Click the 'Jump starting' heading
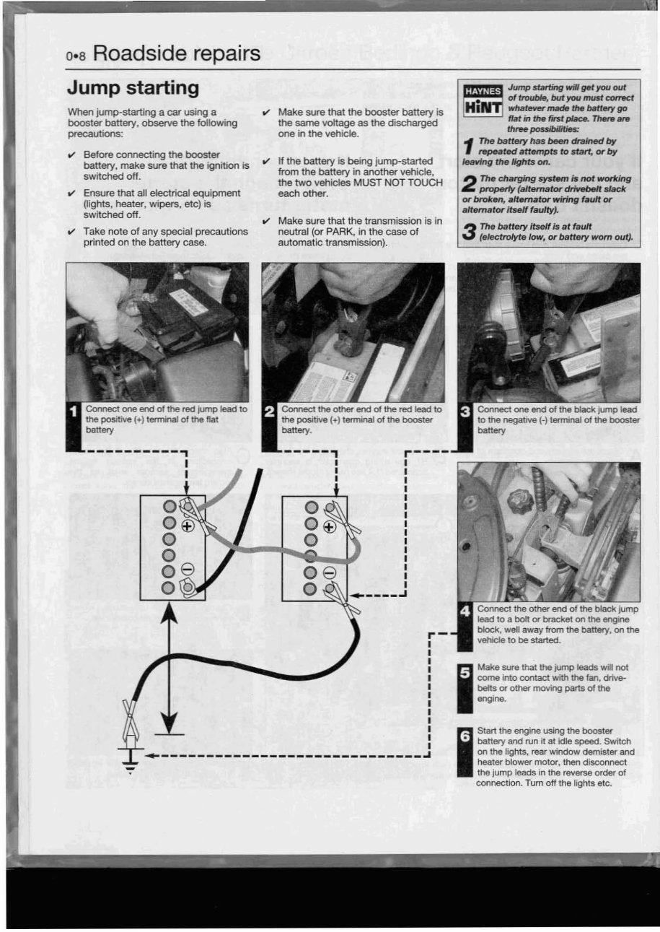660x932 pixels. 133,88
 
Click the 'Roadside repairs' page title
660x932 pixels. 176,53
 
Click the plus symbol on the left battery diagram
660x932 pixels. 188,526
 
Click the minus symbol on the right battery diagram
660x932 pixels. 329,572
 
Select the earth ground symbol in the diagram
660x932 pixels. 130,760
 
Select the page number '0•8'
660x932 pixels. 76,56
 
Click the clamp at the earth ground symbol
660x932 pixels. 130,718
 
